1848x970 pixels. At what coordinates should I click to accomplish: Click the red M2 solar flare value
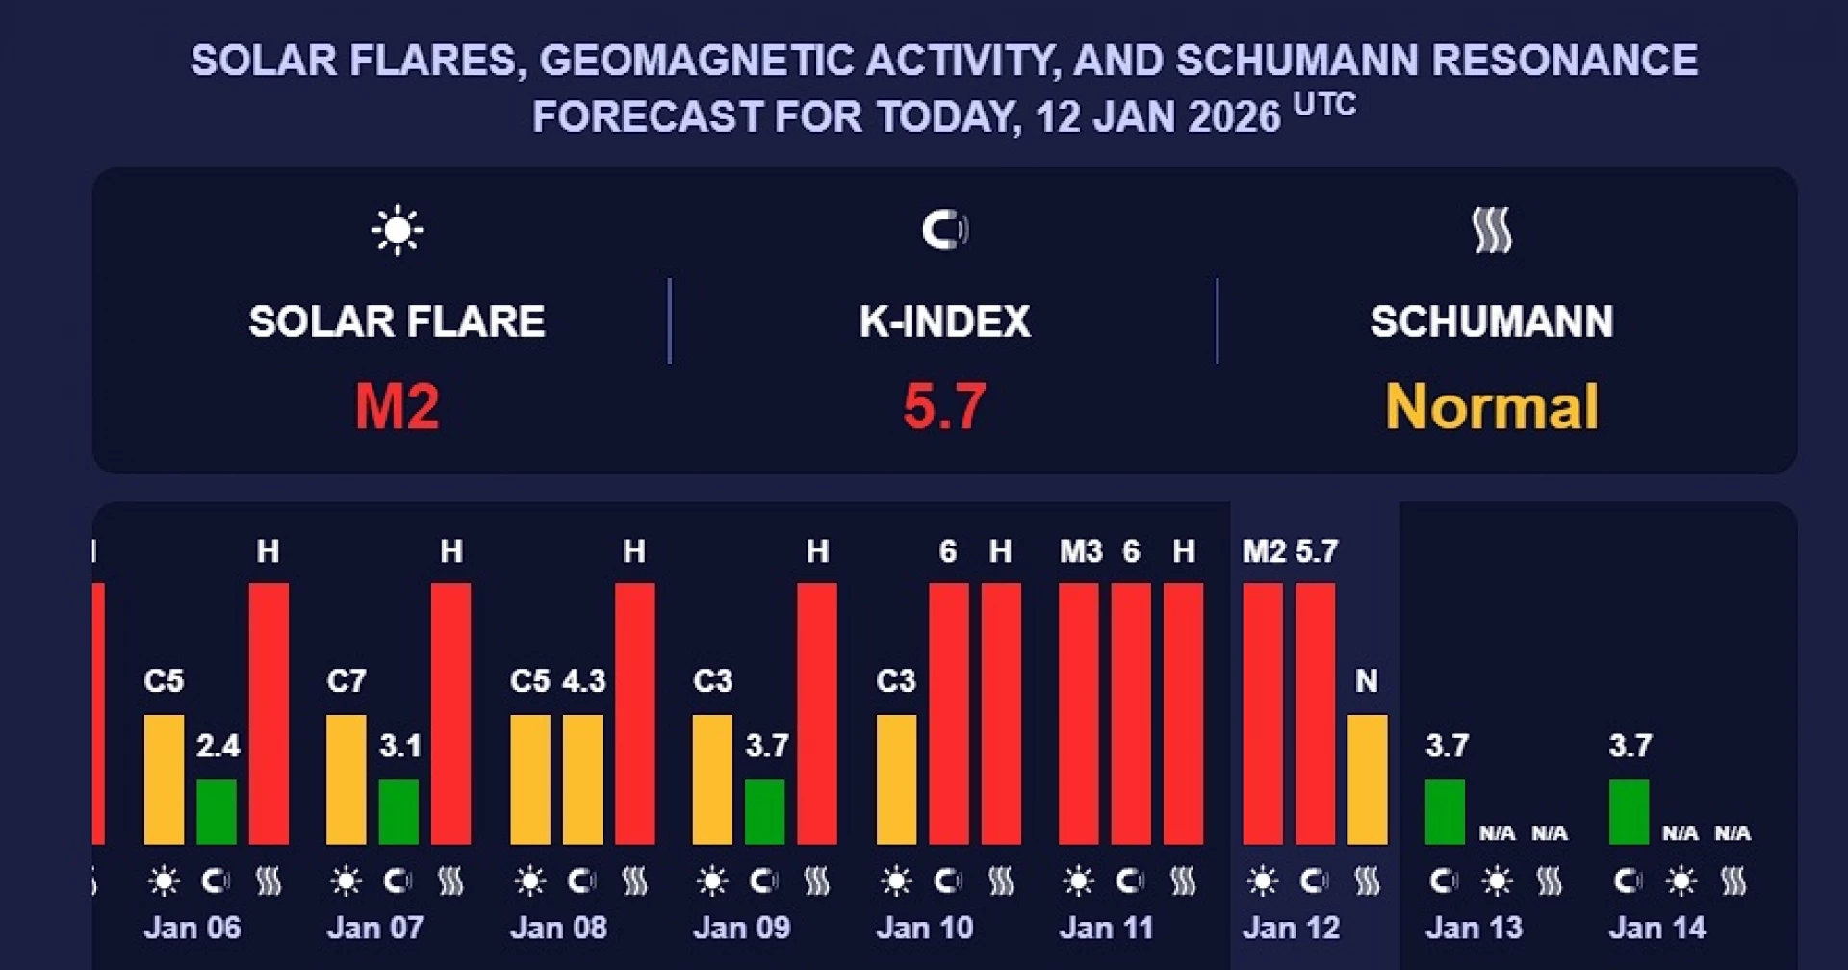tap(397, 406)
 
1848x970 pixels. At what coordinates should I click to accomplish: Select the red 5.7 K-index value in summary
tap(944, 406)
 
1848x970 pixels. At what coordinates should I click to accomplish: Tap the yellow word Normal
tap(1492, 406)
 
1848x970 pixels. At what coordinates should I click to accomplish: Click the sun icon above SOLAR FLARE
tap(397, 231)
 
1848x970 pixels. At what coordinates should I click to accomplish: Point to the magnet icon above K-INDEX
tap(944, 230)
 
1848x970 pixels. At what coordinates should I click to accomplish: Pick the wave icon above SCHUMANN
tap(1492, 231)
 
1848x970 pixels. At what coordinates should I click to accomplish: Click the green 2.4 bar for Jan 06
tap(217, 811)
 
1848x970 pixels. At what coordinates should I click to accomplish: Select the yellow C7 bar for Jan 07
tap(346, 779)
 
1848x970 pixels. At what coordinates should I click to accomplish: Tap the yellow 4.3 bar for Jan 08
tap(582, 779)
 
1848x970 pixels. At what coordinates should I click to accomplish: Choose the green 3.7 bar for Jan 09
tap(765, 811)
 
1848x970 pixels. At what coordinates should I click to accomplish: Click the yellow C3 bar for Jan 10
tap(896, 779)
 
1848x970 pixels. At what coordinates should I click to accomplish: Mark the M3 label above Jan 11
tap(1081, 551)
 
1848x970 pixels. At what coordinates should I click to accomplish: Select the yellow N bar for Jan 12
tap(1367, 779)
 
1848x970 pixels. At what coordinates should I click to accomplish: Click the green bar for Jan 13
tap(1445, 811)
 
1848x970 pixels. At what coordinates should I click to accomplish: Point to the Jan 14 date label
tap(1656, 928)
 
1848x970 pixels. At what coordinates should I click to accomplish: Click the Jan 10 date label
tap(925, 928)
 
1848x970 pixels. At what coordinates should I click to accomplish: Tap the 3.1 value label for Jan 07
tap(400, 746)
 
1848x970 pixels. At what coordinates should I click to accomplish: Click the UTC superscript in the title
tap(1324, 104)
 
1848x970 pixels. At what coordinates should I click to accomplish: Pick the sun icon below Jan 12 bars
tap(1263, 881)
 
